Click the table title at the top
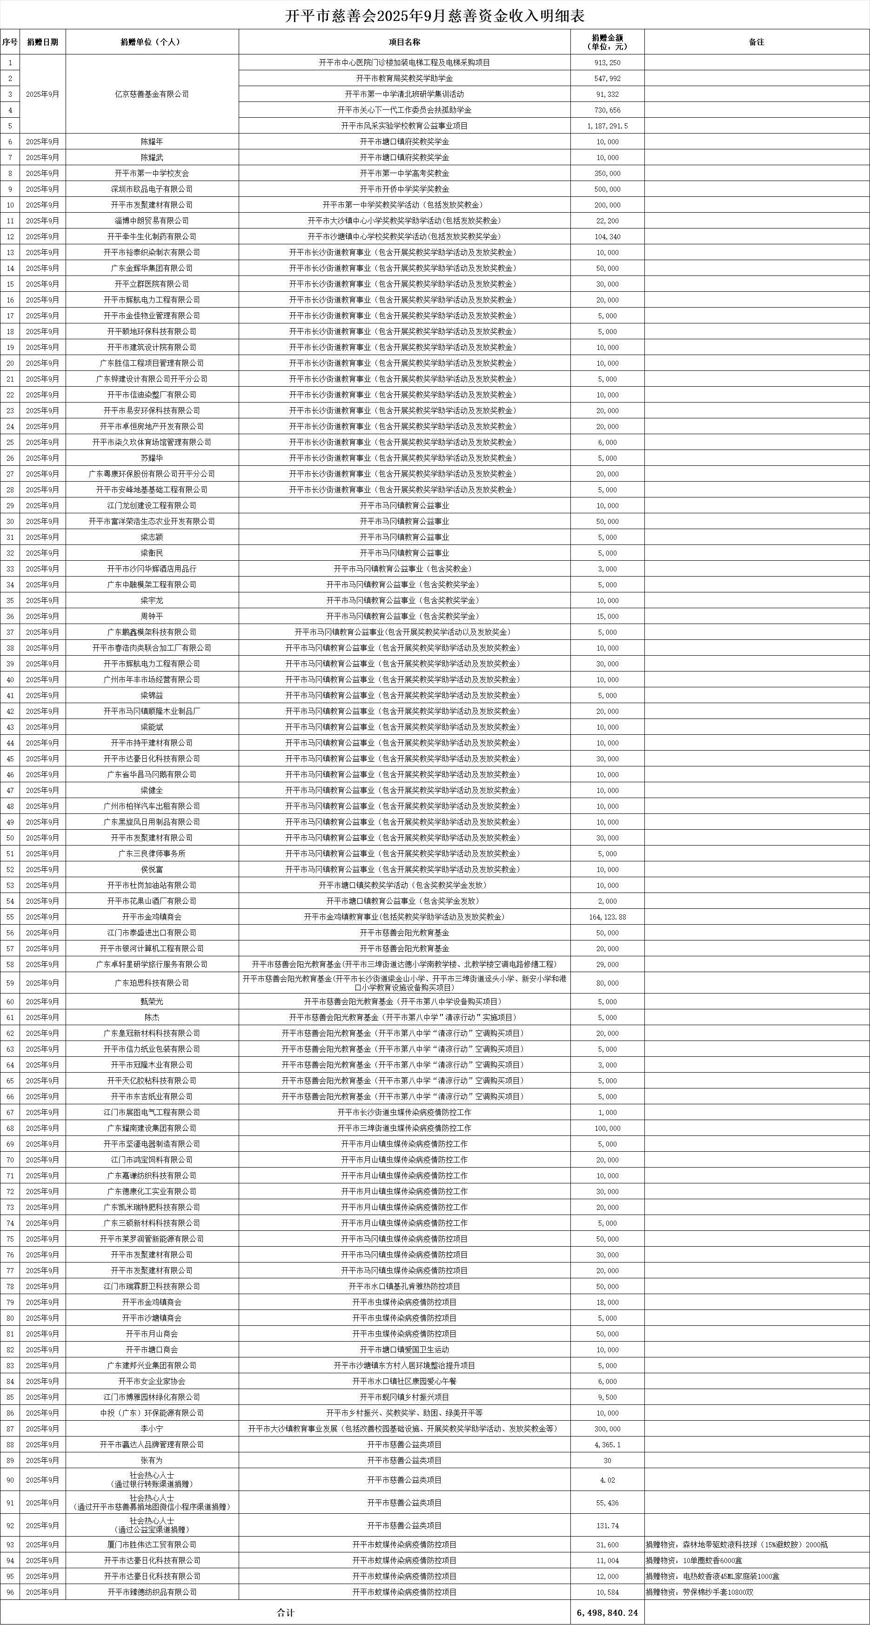[435, 16]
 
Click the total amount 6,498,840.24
[607, 1612]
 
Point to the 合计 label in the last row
[285, 1612]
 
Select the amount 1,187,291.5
[607, 126]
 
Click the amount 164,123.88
[607, 917]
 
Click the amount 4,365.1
[607, 1460]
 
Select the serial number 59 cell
[10, 983]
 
